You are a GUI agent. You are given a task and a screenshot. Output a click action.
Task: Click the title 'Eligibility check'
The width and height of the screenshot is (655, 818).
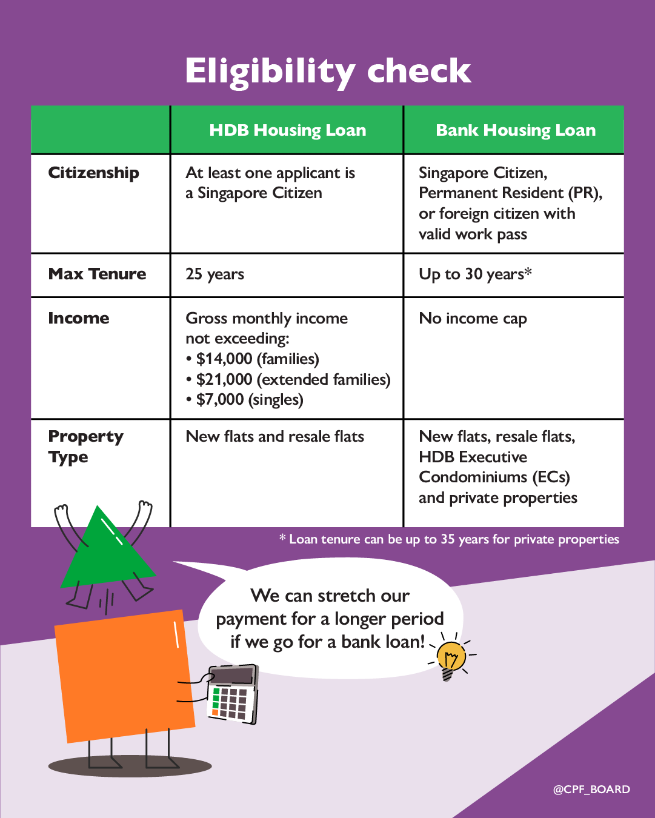(x=328, y=71)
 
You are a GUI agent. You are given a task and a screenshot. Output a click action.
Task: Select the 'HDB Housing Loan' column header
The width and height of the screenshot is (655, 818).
(x=287, y=130)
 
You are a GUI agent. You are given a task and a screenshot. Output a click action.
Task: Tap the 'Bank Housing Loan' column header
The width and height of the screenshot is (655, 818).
(x=515, y=130)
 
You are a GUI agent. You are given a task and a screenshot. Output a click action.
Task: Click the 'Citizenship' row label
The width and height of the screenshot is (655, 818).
(x=93, y=173)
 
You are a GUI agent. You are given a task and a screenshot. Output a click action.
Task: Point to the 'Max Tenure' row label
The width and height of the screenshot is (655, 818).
(x=97, y=274)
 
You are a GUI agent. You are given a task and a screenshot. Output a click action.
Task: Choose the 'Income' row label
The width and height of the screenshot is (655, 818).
(x=79, y=318)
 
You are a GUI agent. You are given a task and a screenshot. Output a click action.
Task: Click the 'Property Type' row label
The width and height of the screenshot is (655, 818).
(x=85, y=446)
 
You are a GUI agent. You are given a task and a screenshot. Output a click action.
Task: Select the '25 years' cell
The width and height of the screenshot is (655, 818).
(x=214, y=274)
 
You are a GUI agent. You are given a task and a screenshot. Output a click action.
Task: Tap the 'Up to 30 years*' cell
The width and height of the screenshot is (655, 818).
(x=475, y=274)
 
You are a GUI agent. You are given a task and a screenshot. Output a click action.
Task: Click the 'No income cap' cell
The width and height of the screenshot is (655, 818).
(x=473, y=319)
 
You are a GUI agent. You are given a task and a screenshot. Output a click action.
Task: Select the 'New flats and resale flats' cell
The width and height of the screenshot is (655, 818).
(x=274, y=437)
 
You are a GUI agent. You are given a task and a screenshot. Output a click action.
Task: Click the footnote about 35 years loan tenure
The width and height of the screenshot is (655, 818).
(x=449, y=539)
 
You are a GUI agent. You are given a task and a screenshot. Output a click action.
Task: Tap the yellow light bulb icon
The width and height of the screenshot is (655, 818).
(x=451, y=658)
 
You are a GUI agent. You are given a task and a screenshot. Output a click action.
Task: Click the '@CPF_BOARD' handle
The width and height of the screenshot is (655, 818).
(x=591, y=790)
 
